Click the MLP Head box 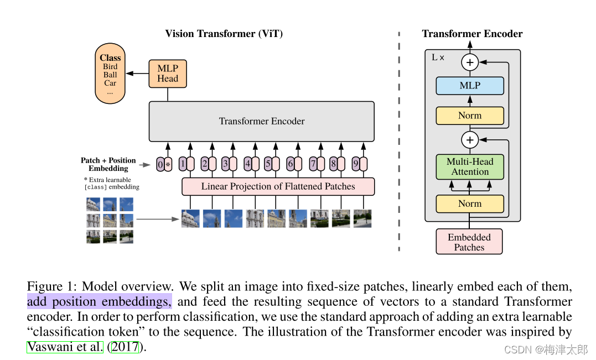(168, 73)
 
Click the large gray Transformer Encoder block (261, 121)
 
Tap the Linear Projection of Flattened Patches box (278, 186)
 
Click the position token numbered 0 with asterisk (164, 164)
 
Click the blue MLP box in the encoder (470, 86)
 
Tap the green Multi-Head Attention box (470, 166)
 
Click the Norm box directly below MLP (470, 116)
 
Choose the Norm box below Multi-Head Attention (470, 204)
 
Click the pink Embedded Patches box (469, 242)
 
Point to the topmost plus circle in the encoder (470, 62)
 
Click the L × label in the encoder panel (438, 57)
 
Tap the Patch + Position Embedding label (108, 164)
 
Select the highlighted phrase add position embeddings (99, 302)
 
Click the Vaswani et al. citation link (65, 347)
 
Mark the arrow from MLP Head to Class (137, 73)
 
